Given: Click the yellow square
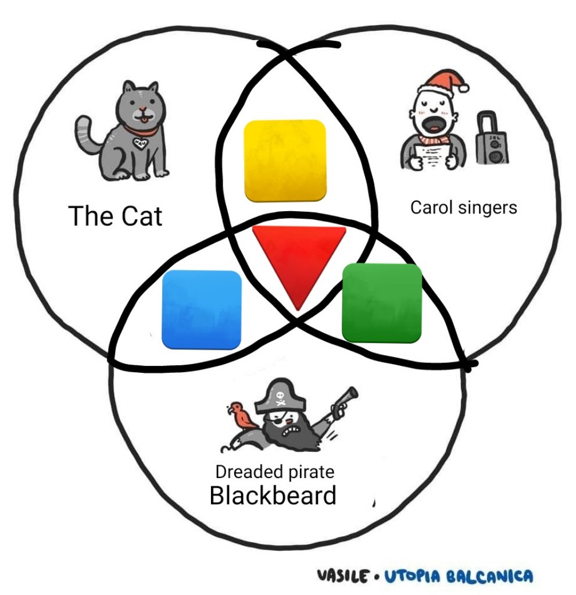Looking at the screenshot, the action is tap(285, 161).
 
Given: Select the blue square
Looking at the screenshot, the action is tap(201, 309).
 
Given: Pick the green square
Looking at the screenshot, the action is tap(382, 303).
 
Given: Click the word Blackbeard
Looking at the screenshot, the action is tap(273, 495).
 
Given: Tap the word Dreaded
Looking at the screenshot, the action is tap(250, 472).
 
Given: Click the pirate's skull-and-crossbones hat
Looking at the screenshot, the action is tap(280, 396).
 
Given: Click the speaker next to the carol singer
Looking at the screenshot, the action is tap(492, 138).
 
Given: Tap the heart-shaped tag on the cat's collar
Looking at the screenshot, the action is tap(140, 144).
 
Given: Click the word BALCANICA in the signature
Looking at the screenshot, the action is tap(489, 576).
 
